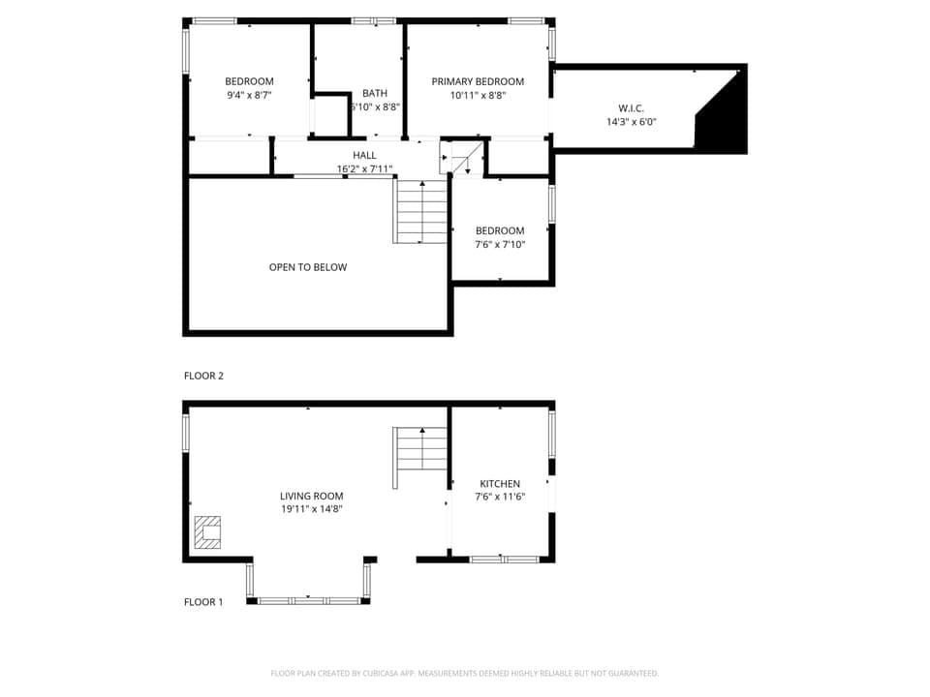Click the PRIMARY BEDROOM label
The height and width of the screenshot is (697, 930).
point(478,81)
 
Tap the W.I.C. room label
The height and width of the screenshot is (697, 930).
point(631,107)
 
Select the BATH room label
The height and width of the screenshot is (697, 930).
point(375,93)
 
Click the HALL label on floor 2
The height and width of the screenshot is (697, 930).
point(364,155)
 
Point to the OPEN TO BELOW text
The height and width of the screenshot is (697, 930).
point(307,267)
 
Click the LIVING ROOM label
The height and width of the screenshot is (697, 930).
point(311,496)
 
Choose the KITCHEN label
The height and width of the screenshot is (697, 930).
point(500,483)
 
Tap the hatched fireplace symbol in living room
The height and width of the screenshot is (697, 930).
point(207,531)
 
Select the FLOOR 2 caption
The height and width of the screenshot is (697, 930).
point(203,376)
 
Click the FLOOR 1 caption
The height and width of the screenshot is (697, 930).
point(203,602)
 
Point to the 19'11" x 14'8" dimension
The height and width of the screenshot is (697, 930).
point(311,509)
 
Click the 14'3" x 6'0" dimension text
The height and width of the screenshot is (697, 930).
point(631,122)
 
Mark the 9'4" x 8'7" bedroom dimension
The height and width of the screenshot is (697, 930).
point(249,95)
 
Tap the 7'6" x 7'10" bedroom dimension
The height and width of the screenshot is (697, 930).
point(500,245)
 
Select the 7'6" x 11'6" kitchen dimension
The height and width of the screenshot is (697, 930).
point(500,497)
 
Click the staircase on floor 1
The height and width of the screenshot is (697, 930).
point(419,458)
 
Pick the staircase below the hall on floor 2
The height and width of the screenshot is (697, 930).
point(421,212)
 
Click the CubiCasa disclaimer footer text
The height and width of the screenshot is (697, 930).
point(464,673)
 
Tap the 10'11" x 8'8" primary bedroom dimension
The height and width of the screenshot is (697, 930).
point(478,95)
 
